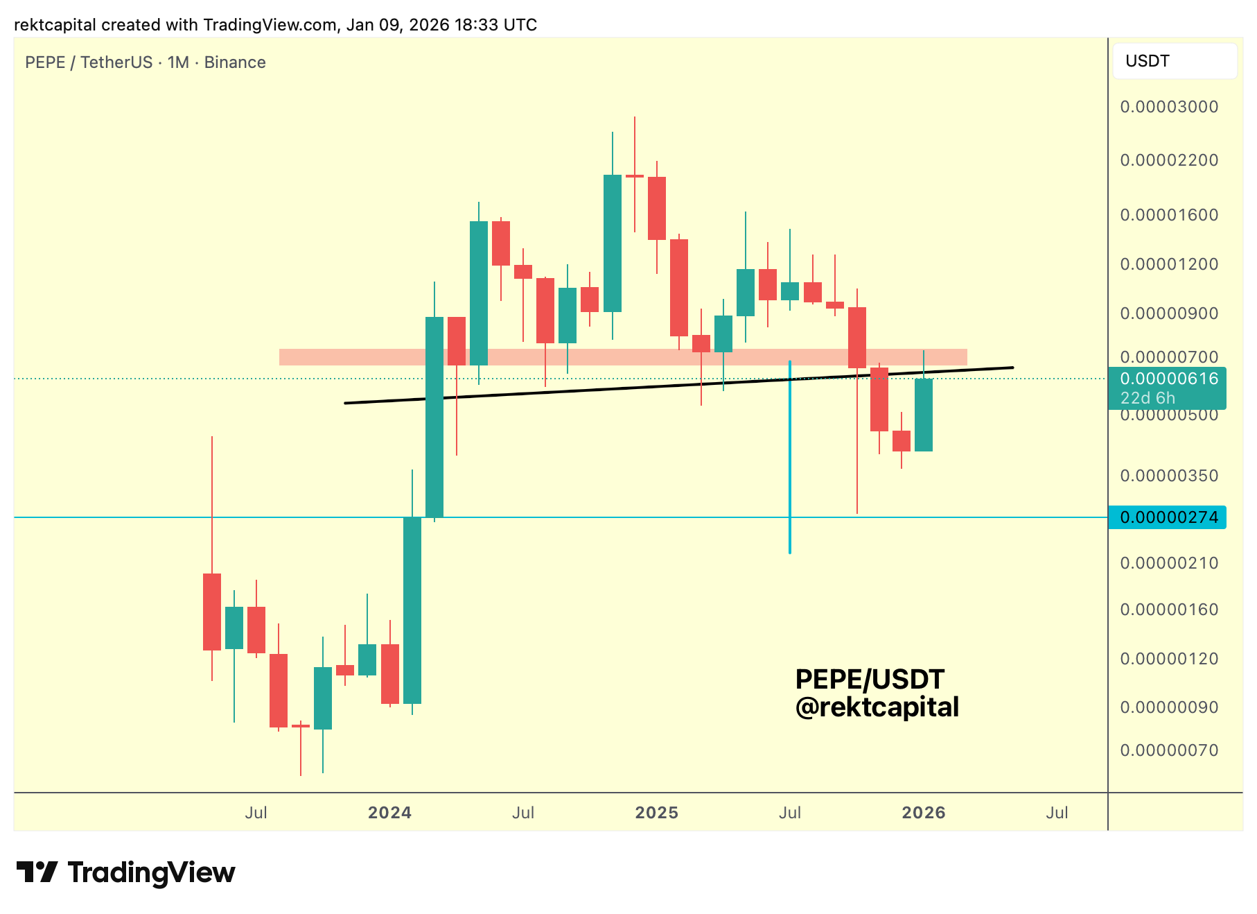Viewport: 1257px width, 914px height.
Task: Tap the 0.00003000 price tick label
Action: pos(1169,107)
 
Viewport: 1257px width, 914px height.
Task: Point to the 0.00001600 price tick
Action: pos(1169,215)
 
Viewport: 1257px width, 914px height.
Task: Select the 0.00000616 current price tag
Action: pos(1169,379)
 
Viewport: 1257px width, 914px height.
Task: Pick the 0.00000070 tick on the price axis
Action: pos(1169,750)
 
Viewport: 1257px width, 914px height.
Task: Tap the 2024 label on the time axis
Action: pos(389,813)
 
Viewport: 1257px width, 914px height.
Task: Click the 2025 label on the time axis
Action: pos(656,813)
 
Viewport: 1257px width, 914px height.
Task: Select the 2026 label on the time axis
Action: pos(923,813)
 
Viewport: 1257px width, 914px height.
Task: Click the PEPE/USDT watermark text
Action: pos(870,680)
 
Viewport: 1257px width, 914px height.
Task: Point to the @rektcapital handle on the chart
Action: pos(877,707)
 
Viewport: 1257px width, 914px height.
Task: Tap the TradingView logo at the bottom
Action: pos(126,872)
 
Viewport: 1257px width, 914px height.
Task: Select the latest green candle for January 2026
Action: pos(924,415)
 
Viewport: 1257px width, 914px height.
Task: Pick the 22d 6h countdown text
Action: pos(1148,398)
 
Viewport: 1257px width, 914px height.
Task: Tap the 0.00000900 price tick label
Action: pos(1169,313)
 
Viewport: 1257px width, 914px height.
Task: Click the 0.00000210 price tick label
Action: pos(1169,563)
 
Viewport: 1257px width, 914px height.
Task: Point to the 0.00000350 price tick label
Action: pos(1169,476)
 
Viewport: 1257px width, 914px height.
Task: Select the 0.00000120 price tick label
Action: pos(1169,659)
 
